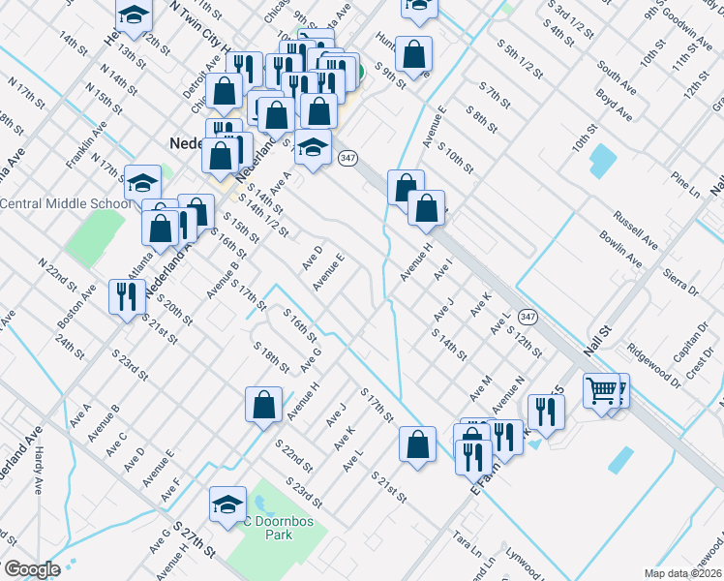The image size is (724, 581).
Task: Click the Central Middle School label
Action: point(66,203)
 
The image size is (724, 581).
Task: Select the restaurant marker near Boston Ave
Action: point(125,296)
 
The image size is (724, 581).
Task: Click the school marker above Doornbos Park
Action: point(227,505)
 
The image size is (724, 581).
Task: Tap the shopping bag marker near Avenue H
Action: point(263,406)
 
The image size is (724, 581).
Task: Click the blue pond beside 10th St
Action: point(602,159)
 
